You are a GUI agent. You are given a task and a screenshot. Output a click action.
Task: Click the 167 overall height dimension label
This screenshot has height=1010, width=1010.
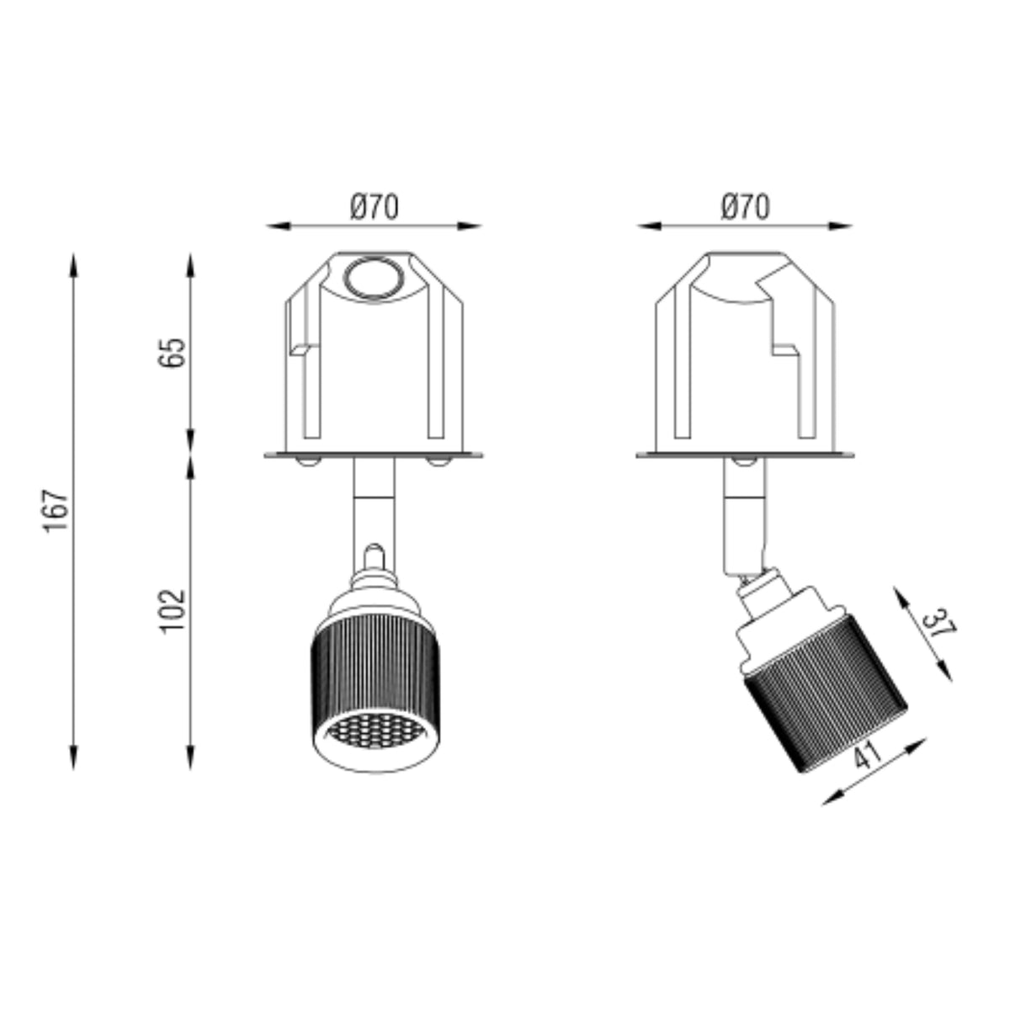tap(56, 511)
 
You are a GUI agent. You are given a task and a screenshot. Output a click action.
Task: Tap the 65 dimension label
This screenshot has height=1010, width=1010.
tap(172, 352)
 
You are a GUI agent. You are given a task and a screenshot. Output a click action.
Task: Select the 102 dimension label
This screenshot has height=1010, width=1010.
tap(172, 612)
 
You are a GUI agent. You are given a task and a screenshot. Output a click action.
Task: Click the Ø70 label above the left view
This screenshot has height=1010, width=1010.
tap(375, 206)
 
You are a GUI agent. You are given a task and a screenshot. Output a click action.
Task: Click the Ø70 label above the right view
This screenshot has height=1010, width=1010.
tap(746, 206)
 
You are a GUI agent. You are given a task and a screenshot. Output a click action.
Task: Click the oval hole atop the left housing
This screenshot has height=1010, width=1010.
tap(374, 278)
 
